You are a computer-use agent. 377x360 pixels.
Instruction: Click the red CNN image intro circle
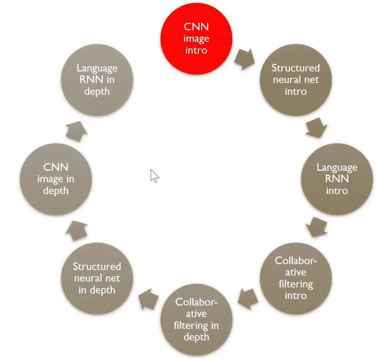196,39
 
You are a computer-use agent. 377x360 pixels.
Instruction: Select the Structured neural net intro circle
296,79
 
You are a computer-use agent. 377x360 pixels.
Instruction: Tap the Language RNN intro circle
337,179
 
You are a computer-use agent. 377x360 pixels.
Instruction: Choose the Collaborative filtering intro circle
296,278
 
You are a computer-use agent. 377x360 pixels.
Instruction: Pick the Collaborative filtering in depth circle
196,319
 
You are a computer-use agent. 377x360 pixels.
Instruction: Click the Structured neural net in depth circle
97,278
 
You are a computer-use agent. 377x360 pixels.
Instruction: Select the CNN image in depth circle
56,179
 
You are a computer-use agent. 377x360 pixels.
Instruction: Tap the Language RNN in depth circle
97,79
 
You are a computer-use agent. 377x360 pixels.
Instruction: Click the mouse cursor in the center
154,176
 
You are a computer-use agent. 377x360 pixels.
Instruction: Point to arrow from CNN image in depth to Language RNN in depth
76,131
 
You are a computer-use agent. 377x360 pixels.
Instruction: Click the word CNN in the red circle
196,27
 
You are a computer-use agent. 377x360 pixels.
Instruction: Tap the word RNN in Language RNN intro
337,179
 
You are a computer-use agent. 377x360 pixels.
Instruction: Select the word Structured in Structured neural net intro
296,68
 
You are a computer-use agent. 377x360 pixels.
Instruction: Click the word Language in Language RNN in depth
97,68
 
